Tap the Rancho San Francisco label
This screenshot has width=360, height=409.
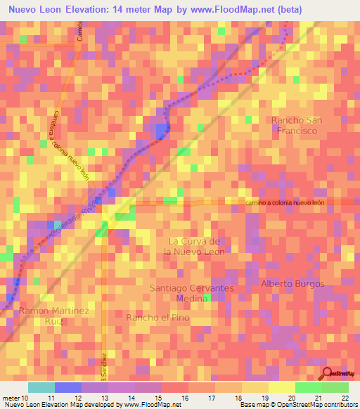(x=295, y=125)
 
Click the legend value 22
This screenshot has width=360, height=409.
(x=345, y=398)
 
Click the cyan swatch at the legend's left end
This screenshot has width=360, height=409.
(x=41, y=387)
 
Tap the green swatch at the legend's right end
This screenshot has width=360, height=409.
(x=335, y=387)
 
